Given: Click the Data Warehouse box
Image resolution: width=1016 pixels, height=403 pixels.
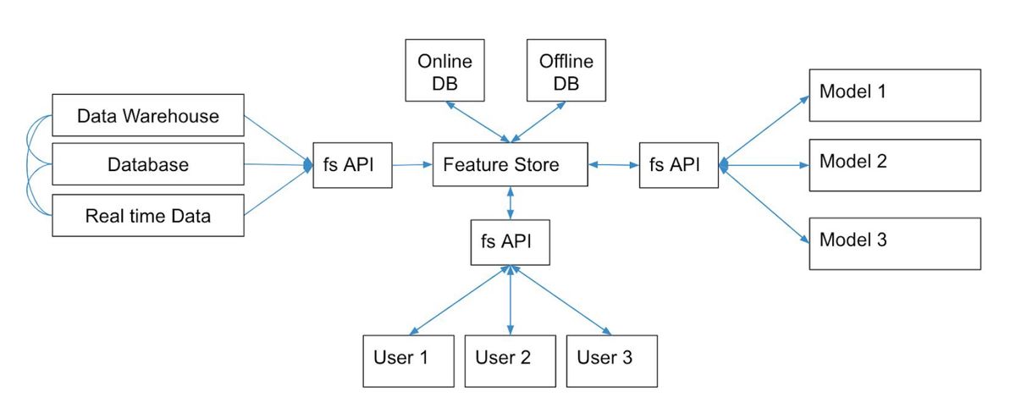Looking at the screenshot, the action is click(x=148, y=115).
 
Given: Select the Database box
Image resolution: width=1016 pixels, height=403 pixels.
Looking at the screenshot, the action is click(x=148, y=164).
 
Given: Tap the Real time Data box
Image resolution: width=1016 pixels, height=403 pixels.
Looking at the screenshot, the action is click(x=148, y=215).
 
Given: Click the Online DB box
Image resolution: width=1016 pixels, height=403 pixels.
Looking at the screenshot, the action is click(x=444, y=70).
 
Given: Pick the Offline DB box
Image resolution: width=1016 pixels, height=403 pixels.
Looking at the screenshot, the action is click(x=566, y=70).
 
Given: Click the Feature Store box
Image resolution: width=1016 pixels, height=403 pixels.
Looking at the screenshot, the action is click(x=511, y=164).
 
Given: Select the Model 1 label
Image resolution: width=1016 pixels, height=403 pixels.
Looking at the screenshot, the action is click(x=853, y=91).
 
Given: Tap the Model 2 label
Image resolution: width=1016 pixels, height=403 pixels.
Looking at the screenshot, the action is click(x=853, y=161).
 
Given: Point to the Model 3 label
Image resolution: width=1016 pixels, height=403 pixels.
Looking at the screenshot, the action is click(x=853, y=240).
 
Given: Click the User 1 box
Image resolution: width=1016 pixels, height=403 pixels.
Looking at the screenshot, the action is click(x=408, y=361).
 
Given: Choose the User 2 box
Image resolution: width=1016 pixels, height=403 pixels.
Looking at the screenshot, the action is click(x=511, y=361).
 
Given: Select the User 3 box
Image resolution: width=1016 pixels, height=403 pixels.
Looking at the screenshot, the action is click(x=612, y=361).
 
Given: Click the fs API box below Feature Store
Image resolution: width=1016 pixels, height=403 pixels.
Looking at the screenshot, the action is click(x=511, y=242).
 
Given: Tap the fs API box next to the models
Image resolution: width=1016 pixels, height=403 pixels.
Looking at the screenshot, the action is click(x=679, y=165).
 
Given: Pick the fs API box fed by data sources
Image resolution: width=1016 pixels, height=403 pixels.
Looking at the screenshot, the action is click(x=352, y=165).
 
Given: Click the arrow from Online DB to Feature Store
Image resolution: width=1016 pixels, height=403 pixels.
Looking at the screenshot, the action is click(x=478, y=122).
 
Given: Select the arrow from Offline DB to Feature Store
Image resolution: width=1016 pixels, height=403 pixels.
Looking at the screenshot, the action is click(x=538, y=122).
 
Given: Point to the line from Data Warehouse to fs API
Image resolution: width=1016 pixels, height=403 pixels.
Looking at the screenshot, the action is click(x=278, y=140).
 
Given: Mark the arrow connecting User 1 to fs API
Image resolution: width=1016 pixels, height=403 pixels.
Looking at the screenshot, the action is click(x=460, y=300).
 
